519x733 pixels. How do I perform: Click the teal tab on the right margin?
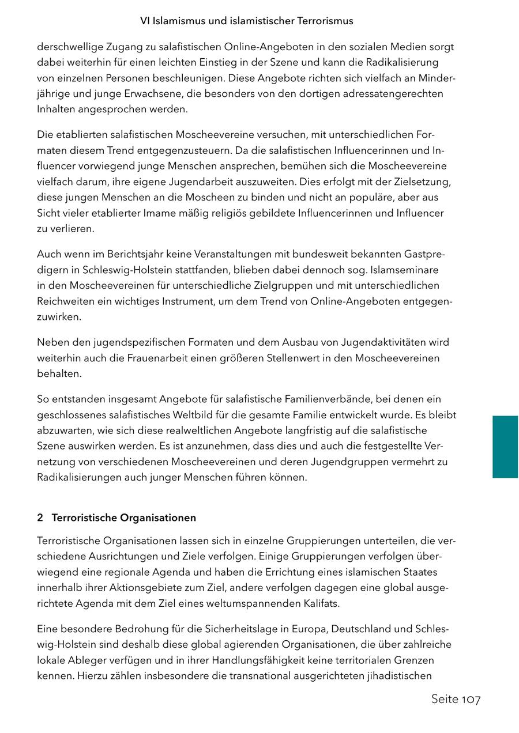[x=505, y=447]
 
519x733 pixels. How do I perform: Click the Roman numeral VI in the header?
[x=145, y=21]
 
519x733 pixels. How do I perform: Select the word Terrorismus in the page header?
[x=325, y=21]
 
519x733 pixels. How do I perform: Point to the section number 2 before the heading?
[x=40, y=517]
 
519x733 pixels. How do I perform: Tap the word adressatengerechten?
[x=393, y=93]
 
